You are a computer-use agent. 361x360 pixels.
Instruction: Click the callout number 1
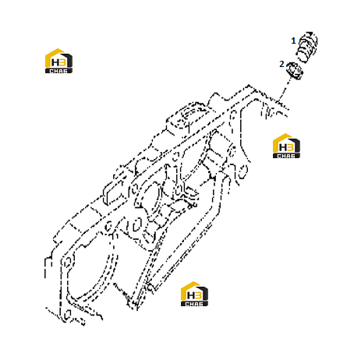(x=293, y=41)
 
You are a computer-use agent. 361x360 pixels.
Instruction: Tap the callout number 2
(x=281, y=64)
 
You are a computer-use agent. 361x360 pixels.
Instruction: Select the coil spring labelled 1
(x=306, y=46)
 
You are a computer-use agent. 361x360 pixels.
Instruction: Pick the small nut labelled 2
(x=295, y=71)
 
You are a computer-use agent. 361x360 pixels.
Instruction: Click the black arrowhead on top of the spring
(x=310, y=34)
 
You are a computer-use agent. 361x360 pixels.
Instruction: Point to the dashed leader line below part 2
(x=284, y=90)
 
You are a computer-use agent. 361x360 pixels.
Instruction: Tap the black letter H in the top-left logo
(x=55, y=62)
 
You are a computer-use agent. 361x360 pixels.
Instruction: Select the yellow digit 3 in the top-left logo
(x=62, y=62)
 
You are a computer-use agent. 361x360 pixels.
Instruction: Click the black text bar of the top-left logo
(x=58, y=71)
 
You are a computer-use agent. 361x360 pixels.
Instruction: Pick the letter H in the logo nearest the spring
(x=283, y=147)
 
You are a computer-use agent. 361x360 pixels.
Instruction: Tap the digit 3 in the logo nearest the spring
(x=290, y=147)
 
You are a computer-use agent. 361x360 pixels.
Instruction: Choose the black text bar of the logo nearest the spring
(x=286, y=156)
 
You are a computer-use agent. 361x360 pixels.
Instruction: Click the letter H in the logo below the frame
(x=191, y=295)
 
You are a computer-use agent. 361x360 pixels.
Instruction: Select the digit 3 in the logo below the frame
(x=198, y=295)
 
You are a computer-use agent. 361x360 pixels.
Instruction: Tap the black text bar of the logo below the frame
(x=194, y=304)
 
